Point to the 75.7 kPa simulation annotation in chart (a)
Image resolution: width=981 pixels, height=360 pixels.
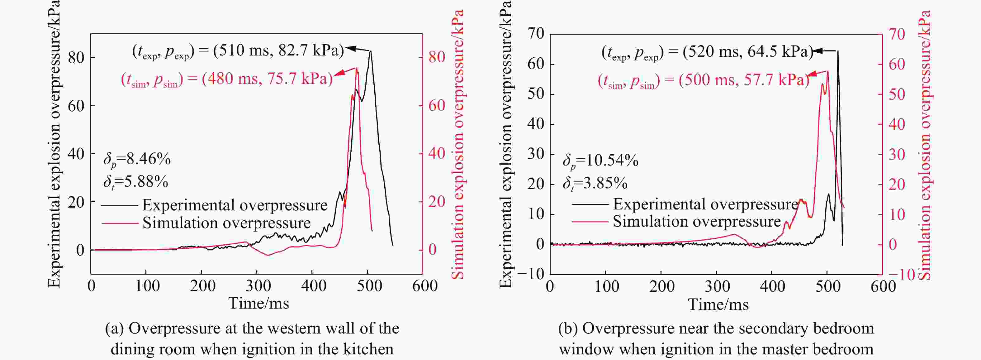tap(227, 79)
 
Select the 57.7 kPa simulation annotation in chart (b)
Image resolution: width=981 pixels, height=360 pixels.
tap(704, 80)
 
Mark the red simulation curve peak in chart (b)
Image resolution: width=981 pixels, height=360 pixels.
tap(827, 71)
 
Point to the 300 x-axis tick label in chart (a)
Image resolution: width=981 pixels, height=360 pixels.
tap(258, 286)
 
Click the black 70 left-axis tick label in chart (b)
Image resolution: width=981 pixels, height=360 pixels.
tap(536, 34)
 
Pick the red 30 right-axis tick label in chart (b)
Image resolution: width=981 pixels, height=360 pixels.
tap(897, 154)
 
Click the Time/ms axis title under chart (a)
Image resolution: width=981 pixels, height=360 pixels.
tap(258, 304)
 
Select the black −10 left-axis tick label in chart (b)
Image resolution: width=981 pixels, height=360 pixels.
tap(530, 274)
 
